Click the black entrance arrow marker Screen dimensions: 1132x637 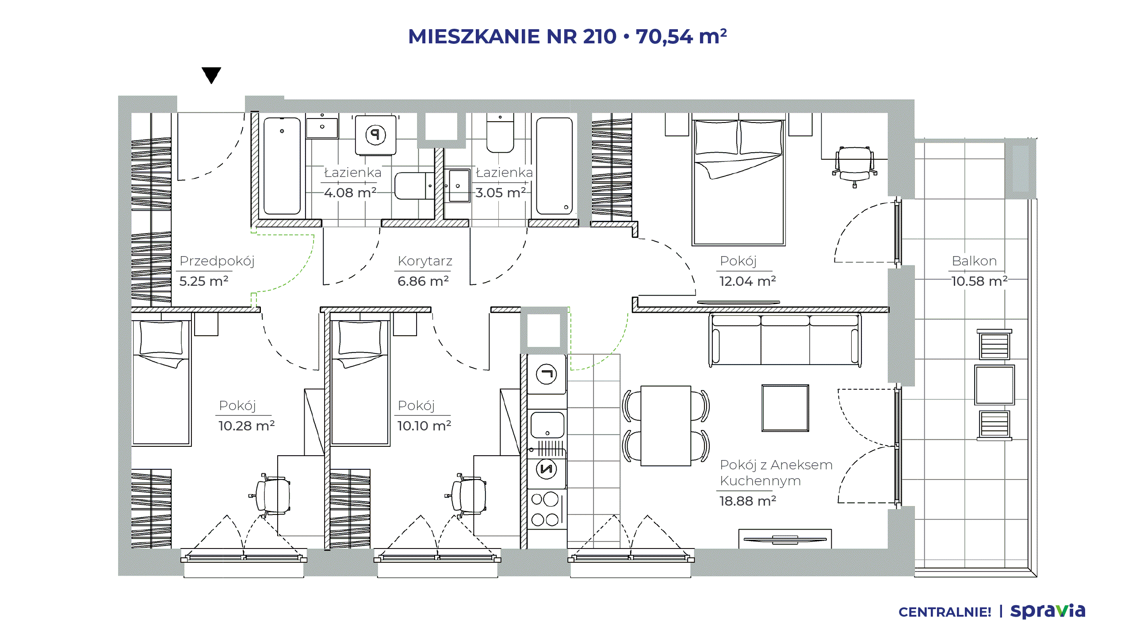[x=211, y=75]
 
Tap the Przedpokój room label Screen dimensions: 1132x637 [x=217, y=261]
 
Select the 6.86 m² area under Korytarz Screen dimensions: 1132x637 [x=423, y=281]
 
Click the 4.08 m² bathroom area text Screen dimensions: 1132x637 [x=350, y=192]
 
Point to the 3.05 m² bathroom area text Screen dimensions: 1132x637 [x=501, y=192]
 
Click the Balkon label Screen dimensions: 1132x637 [x=974, y=261]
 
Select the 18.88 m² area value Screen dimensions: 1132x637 [x=748, y=501]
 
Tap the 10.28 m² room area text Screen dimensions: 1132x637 [x=246, y=426]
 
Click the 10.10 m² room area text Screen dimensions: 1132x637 [x=424, y=426]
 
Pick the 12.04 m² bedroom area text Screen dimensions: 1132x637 [x=748, y=281]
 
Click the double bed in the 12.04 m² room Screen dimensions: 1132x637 [x=738, y=181]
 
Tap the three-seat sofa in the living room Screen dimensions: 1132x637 [x=785, y=340]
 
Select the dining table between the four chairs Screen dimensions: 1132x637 [x=665, y=426]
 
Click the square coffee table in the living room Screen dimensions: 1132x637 [x=785, y=408]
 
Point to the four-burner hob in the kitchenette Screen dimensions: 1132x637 [x=547, y=509]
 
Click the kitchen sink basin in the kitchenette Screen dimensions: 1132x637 [x=547, y=425]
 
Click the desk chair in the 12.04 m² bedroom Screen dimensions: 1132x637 [x=854, y=166]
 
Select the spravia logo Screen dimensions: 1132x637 [x=1048, y=611]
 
